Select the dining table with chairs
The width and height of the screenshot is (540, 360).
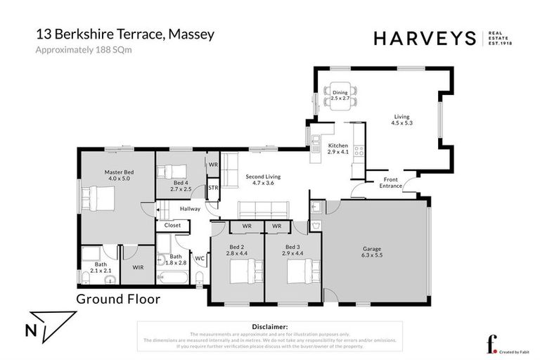[x=340, y=96]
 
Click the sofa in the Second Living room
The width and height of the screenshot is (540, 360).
[x=262, y=209]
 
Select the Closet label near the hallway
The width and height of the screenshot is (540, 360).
[x=172, y=226]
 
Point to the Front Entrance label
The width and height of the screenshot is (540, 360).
[x=391, y=183]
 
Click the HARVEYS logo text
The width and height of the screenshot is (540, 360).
[x=425, y=39]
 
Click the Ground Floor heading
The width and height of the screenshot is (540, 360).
[x=117, y=299]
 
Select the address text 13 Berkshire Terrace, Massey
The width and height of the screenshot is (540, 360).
[x=117, y=34]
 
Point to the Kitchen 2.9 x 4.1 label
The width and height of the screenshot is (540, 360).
[x=338, y=148]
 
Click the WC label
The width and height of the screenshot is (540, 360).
[x=199, y=257]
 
